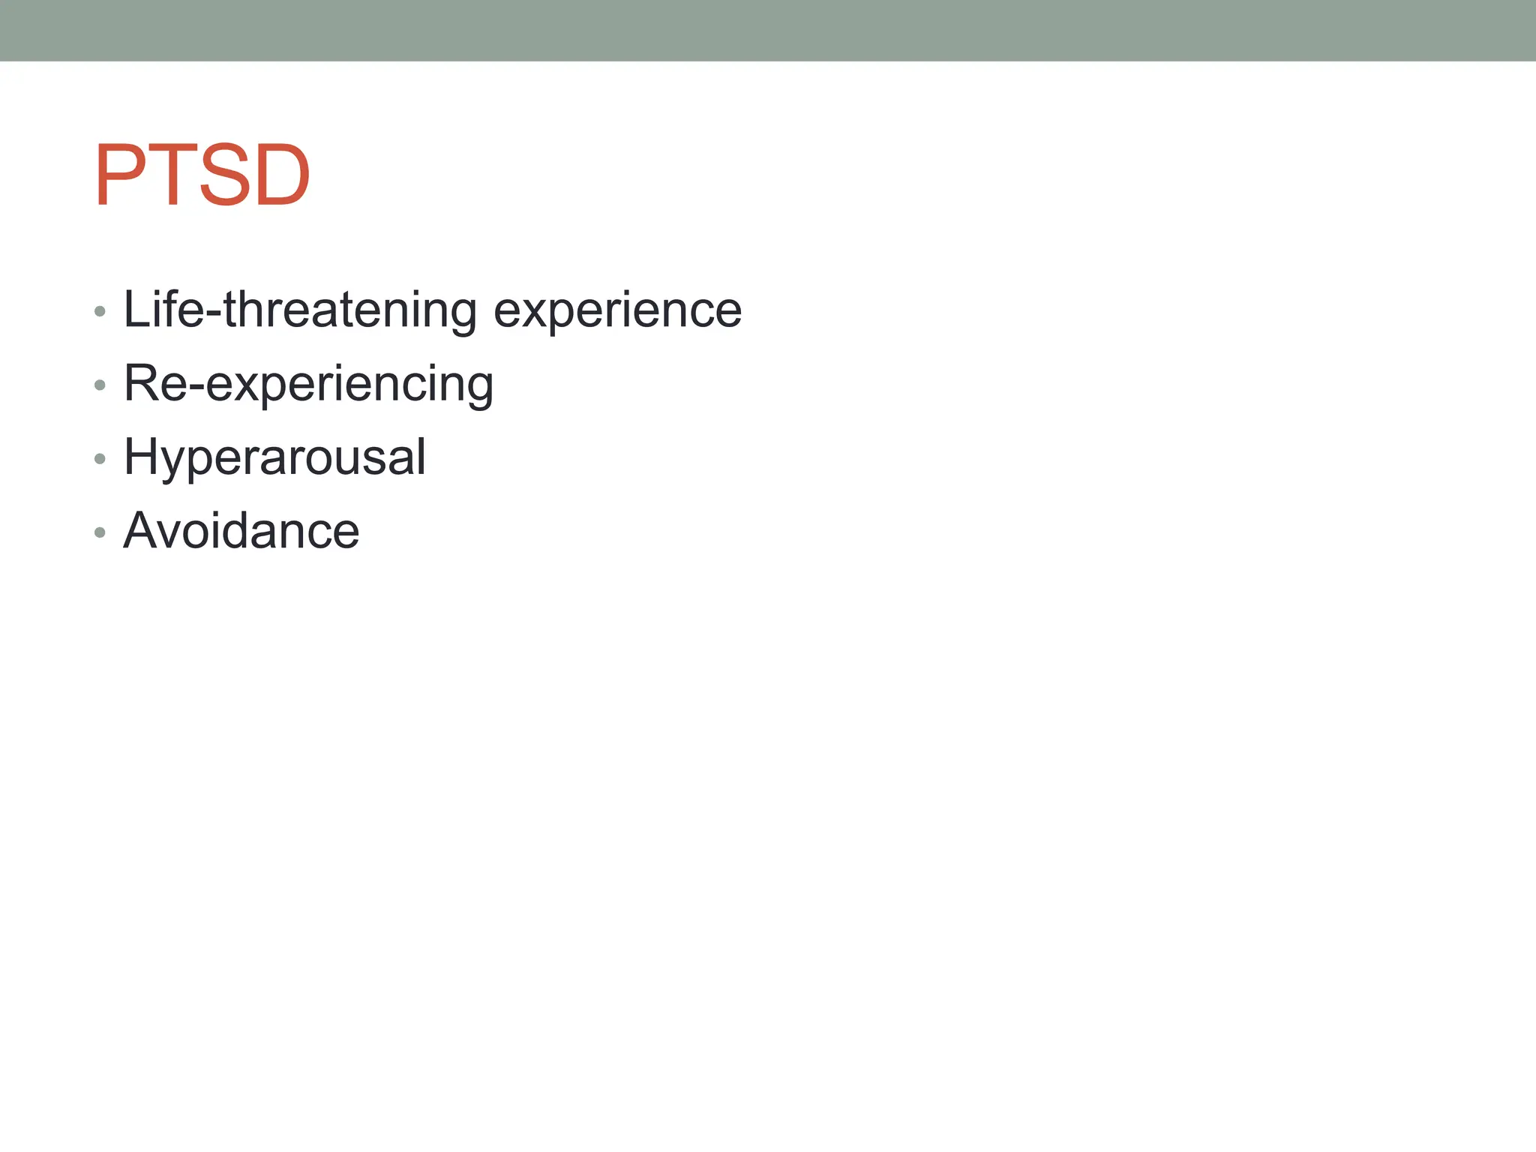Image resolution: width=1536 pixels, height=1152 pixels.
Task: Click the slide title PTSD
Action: click(202, 175)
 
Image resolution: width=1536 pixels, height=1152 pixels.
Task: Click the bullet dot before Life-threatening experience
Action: click(100, 310)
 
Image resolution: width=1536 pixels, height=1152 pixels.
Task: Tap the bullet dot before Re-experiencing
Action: click(100, 385)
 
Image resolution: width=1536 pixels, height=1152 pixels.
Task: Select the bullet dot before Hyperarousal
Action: click(100, 458)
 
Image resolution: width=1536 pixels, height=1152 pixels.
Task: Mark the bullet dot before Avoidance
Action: click(100, 532)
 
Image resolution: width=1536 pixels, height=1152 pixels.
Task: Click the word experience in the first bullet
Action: click(617, 310)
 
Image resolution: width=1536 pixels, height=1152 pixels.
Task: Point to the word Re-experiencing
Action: click(308, 384)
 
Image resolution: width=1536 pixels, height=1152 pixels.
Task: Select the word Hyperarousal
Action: click(274, 457)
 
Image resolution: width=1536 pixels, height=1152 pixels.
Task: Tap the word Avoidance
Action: click(241, 531)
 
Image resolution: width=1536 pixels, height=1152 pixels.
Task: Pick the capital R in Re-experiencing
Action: click(140, 382)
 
